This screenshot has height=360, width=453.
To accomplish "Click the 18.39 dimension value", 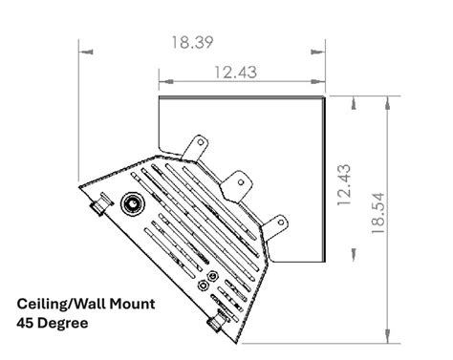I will point(191,42).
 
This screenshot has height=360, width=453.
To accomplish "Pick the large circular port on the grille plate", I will point(131,202).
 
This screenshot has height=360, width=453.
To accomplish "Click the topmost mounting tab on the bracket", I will point(198,145).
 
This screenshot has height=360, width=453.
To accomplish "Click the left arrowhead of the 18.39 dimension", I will point(83,50).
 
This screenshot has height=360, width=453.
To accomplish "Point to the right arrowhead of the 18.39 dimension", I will point(320,50).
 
